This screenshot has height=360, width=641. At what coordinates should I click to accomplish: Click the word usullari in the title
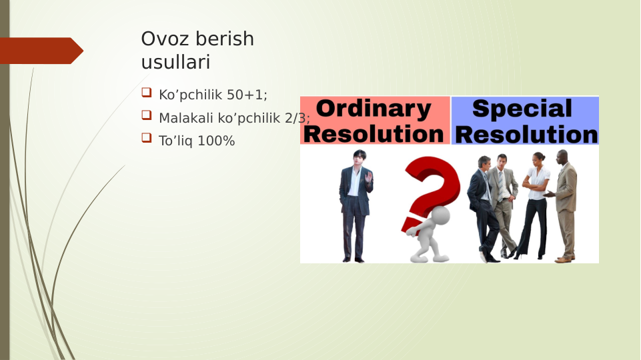[175, 63]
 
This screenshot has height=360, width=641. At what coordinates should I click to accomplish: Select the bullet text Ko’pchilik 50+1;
[213, 95]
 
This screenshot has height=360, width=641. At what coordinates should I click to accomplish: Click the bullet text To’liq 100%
[197, 141]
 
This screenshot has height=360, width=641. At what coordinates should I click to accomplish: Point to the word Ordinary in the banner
[374, 109]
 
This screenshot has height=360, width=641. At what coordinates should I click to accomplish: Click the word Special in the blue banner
[522, 109]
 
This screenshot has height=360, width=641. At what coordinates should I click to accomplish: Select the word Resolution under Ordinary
[374, 134]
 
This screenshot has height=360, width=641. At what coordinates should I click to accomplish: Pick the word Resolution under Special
[526, 134]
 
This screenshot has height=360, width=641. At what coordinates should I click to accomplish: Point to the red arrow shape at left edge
[40, 51]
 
